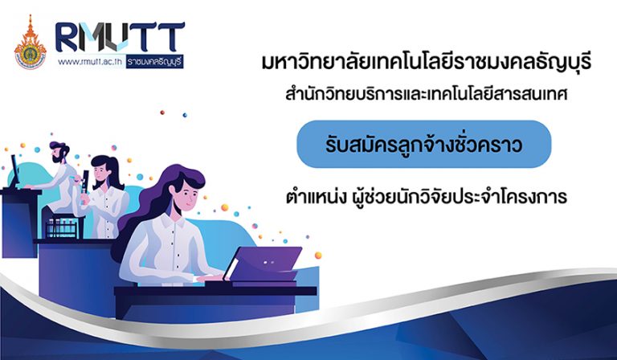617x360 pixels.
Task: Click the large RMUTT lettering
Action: (x=120, y=37)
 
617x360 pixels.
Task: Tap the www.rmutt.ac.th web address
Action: (x=91, y=62)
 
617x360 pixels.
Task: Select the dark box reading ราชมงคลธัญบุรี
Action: (x=154, y=62)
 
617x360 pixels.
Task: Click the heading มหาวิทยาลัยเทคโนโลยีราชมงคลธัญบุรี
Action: (x=427, y=63)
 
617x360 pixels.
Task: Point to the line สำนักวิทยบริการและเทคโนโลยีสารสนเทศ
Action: (x=427, y=95)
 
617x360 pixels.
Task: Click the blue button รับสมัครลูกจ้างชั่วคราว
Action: (x=424, y=145)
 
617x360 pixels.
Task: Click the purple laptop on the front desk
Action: (x=264, y=264)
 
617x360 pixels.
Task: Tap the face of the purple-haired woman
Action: (x=189, y=193)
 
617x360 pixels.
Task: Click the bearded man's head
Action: (x=59, y=152)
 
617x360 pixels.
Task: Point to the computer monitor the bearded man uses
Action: (x=14, y=171)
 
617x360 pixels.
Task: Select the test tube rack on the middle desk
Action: (x=62, y=227)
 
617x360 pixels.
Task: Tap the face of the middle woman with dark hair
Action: (x=100, y=170)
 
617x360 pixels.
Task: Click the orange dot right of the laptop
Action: (x=318, y=256)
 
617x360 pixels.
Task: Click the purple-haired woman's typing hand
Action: (x=209, y=278)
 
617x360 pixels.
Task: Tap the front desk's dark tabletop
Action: (x=215, y=291)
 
